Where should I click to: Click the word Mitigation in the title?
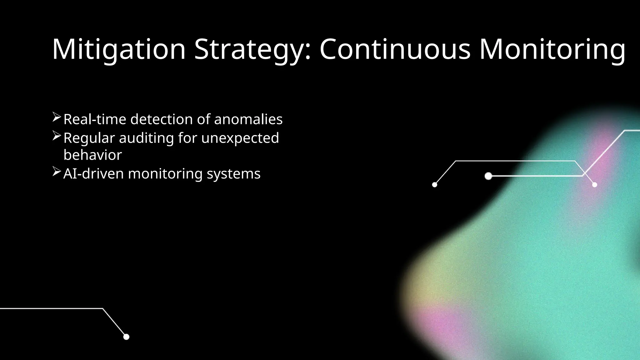[x=119, y=49]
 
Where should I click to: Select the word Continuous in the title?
[x=395, y=49]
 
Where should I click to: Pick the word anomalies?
[x=248, y=119]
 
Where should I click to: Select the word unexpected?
[x=240, y=138]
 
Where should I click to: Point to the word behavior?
[x=92, y=155]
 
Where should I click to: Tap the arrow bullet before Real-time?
[x=57, y=117]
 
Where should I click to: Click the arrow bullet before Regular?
[x=57, y=136]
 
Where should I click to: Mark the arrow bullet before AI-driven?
[x=57, y=172]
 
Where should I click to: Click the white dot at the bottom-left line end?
[x=126, y=337]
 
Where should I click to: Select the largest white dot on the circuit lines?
[x=488, y=176]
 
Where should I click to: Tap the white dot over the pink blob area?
[x=594, y=185]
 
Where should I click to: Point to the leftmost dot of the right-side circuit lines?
[x=434, y=185]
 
